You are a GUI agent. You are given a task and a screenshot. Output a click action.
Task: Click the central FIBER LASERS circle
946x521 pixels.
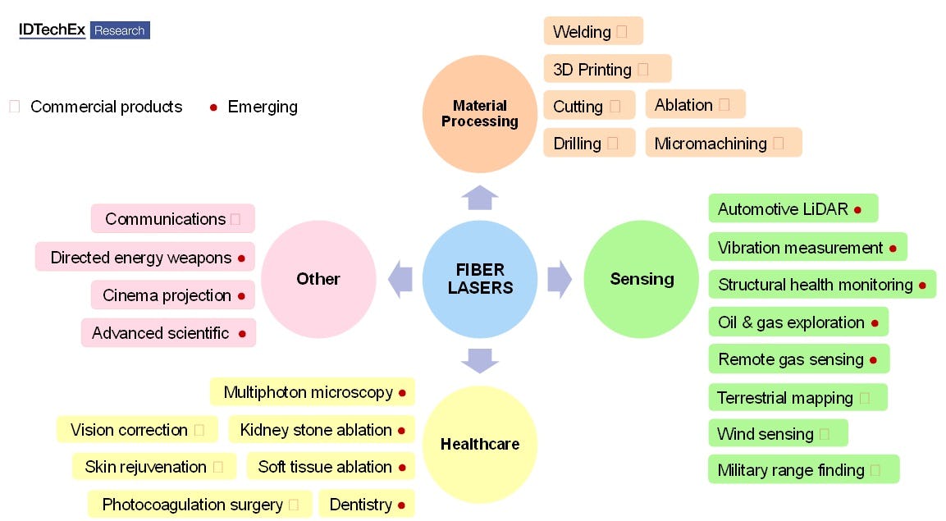[480, 279]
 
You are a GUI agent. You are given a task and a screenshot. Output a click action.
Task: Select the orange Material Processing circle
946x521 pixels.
[480, 114]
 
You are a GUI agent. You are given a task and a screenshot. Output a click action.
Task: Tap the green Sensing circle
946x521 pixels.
[642, 279]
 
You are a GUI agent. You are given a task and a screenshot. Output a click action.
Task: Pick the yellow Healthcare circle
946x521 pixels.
[480, 444]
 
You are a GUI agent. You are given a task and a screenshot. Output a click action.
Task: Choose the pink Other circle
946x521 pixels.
[318, 279]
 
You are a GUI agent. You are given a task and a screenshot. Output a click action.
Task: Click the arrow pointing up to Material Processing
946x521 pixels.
[480, 198]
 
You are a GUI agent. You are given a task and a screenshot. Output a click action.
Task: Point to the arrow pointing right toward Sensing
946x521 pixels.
[559, 279]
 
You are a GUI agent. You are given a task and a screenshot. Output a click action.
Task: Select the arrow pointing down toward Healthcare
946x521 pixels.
[480, 360]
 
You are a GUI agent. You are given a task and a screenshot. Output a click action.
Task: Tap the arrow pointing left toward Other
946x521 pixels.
[400, 279]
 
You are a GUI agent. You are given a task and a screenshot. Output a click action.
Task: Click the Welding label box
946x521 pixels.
[593, 31]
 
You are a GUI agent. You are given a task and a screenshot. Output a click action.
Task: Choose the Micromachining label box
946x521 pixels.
[723, 143]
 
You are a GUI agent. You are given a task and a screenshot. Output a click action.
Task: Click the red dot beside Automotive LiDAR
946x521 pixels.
[857, 210]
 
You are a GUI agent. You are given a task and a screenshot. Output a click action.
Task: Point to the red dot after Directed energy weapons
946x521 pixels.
[241, 258]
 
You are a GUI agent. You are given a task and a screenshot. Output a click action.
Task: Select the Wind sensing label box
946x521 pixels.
[777, 433]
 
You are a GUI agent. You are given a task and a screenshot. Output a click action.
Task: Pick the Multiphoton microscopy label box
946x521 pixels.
[312, 392]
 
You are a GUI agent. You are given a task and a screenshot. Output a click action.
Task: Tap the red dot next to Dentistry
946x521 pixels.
[401, 505]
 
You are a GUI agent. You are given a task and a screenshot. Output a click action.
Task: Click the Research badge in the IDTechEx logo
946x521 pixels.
[120, 30]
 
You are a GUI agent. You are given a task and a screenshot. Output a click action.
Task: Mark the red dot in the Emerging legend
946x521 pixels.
[213, 107]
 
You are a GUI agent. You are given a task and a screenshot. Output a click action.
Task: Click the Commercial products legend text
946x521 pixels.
[106, 107]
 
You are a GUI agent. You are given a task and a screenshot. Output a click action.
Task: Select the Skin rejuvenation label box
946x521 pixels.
[154, 467]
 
